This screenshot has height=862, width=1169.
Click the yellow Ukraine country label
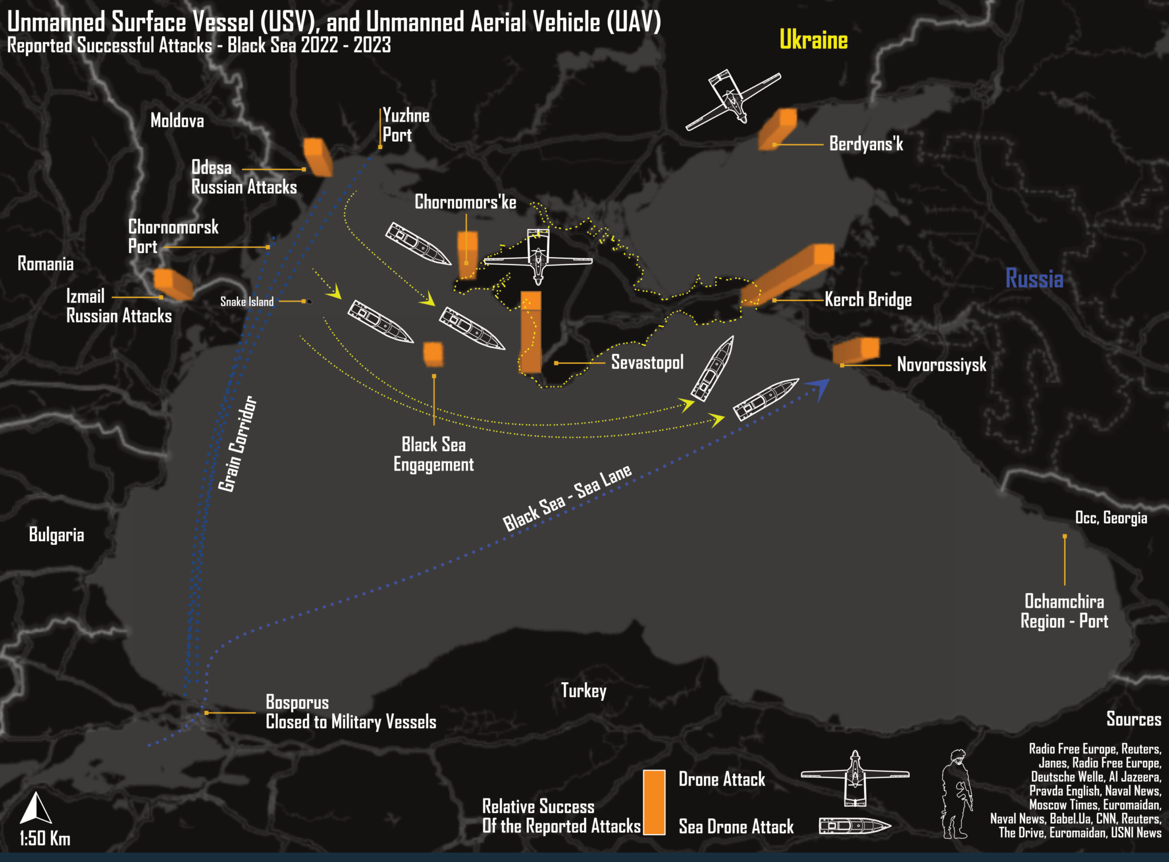coord(813,40)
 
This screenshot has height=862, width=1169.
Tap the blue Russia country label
coord(1034,279)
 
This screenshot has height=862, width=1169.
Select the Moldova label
coord(177,121)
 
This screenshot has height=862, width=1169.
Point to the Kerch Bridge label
coord(868,300)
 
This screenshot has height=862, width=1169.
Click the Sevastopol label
coord(647,362)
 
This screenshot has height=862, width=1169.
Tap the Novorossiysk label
coord(941,364)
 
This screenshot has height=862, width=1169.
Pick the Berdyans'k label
coord(866,143)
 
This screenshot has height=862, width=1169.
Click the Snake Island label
coord(247,302)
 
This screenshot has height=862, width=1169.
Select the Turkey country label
coord(583,691)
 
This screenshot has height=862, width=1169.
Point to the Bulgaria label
coord(57,535)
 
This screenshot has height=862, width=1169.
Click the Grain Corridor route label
coord(237,444)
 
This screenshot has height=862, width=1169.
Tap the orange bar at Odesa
coord(317,157)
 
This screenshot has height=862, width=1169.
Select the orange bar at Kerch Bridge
coord(788,274)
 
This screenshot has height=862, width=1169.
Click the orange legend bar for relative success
coord(654,802)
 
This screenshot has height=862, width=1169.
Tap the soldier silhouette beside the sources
coord(957,794)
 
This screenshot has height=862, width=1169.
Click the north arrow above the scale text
coord(35,808)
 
